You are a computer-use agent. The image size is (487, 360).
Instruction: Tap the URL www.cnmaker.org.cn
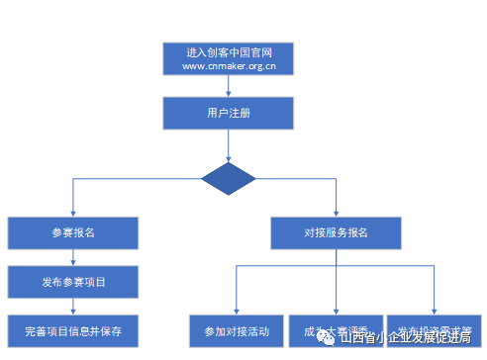229,66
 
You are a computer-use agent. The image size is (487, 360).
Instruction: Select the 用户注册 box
229,113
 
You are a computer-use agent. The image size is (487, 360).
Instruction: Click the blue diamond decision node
229,179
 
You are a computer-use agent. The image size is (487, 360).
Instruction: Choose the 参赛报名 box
73,233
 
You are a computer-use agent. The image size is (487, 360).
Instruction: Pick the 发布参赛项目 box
73,282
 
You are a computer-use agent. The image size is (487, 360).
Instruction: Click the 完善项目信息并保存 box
73,330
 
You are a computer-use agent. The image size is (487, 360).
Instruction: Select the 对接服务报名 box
336,233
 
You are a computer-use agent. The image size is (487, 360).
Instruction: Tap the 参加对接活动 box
236,330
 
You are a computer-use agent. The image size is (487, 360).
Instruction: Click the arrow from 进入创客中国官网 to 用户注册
229,86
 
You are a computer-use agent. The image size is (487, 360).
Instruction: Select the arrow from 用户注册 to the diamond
229,145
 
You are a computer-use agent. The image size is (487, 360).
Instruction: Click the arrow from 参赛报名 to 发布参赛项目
73,257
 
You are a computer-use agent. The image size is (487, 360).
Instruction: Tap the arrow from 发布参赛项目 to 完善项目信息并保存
73,306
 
